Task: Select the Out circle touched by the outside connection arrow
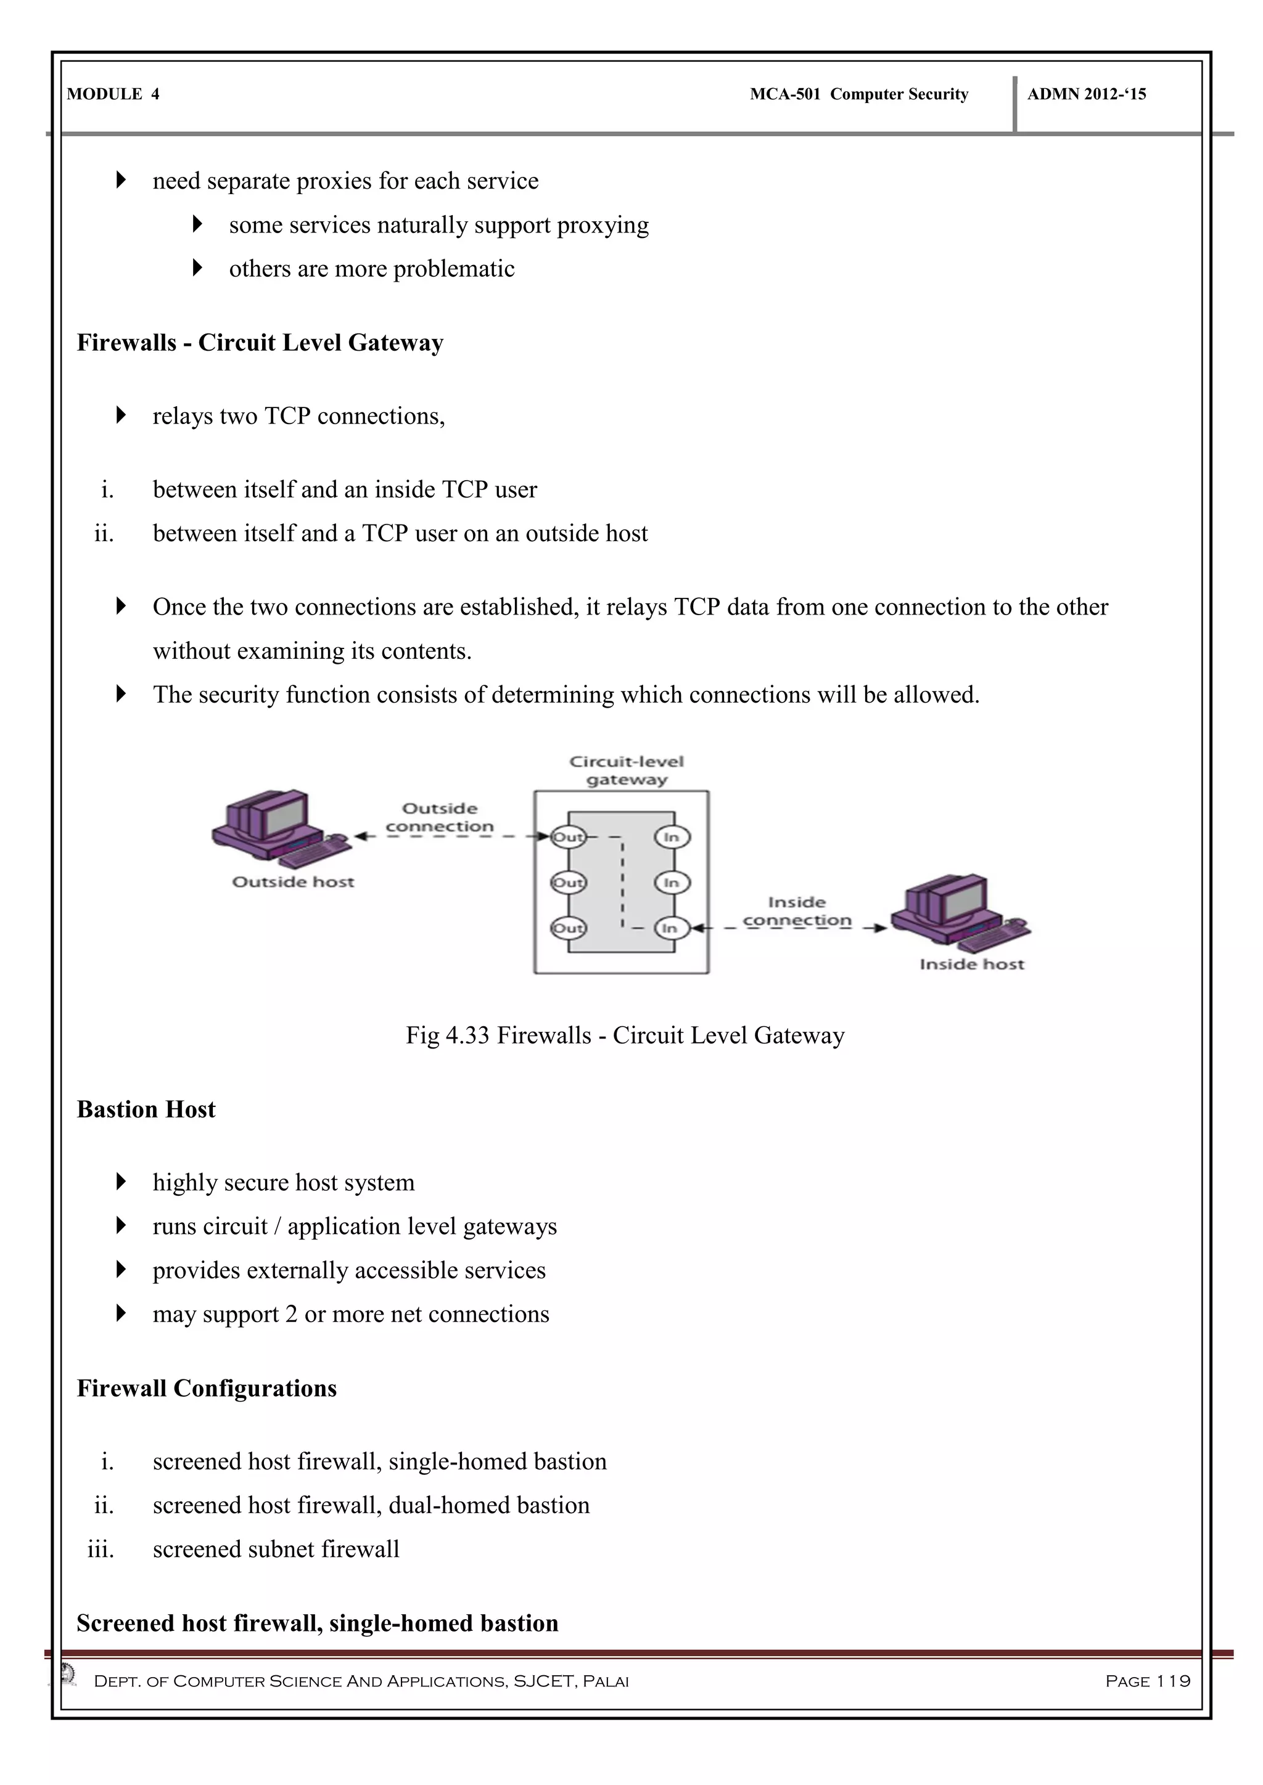568,837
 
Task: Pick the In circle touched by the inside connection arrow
671,928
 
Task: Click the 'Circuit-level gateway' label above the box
627,770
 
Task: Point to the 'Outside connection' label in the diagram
440,818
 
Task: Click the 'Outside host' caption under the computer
293,881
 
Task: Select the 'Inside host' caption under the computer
972,964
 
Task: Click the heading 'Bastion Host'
146,1109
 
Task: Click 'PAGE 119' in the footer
1148,1681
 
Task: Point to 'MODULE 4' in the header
113,94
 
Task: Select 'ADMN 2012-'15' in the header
1087,94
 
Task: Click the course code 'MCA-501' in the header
784,94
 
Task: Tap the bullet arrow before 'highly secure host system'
120,1182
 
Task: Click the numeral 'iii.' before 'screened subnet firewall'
101,1550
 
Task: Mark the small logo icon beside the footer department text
68,1673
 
